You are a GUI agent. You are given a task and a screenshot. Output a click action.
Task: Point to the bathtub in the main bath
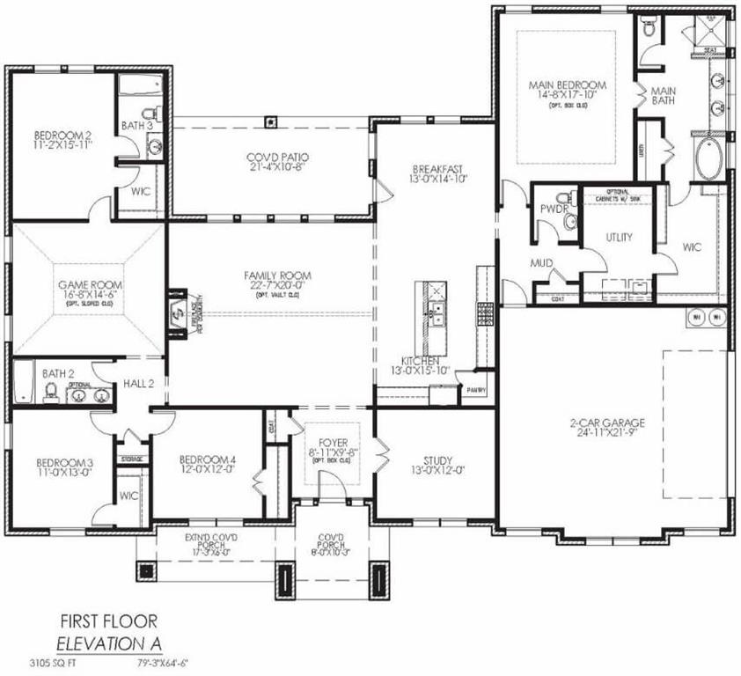point(710,159)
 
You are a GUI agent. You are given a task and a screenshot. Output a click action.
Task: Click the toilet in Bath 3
point(152,114)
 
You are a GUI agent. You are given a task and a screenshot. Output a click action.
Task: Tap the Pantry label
point(476,388)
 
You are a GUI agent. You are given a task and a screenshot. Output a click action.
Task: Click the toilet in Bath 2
point(51,390)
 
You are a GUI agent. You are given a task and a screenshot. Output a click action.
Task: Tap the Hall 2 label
point(138,385)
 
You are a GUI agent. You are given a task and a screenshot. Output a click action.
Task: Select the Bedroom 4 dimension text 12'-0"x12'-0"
point(207,470)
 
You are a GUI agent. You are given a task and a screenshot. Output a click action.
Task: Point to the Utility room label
point(619,238)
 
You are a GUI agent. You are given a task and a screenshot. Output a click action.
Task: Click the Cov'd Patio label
point(270,157)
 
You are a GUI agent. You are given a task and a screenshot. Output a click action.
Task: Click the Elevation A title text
point(109,644)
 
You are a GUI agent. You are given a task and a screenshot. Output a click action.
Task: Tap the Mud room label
point(540,262)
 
